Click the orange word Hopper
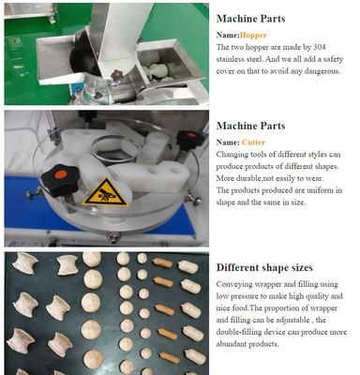(253, 36)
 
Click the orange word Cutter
(253, 142)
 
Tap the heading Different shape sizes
(264, 267)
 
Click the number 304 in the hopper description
(319, 47)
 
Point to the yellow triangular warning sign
(105, 193)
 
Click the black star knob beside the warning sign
(60, 180)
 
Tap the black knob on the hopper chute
(116, 75)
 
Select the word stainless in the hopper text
(231, 59)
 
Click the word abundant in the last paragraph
(232, 344)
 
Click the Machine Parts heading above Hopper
(250, 19)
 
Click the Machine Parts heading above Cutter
(250, 126)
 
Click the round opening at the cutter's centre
(114, 149)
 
